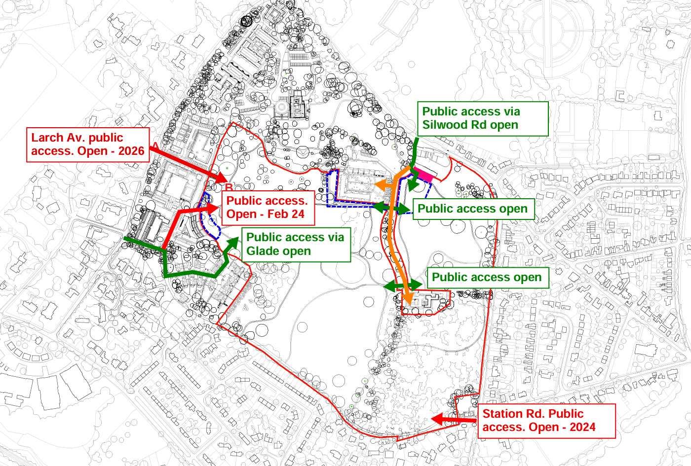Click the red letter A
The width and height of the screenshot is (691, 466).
155,146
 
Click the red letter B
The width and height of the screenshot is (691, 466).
229,188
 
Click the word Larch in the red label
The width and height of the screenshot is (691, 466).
47,138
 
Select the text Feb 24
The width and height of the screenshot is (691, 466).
285,214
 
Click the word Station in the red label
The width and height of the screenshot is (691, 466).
503,414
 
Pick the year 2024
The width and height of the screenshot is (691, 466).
582,427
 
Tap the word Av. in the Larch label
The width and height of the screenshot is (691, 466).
77,138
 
